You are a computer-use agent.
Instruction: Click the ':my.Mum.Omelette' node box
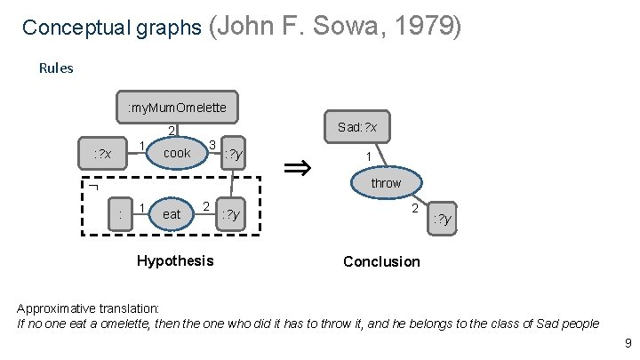coord(177,108)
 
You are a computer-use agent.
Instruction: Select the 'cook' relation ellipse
coord(177,154)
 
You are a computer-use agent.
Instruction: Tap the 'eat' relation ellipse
coord(172,214)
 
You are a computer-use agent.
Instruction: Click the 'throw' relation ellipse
coord(386,183)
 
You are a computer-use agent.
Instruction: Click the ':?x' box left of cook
coord(103,155)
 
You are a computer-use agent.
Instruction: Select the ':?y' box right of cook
coord(234,155)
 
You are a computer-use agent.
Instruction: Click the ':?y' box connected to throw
coord(442,219)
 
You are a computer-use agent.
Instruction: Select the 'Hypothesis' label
coord(175,260)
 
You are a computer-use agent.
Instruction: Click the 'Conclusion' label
coord(381,261)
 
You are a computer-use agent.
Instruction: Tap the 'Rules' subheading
coord(57,68)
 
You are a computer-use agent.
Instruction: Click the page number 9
coord(628,343)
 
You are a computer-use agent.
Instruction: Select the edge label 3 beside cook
coord(212,143)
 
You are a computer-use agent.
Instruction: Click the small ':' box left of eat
coord(119,214)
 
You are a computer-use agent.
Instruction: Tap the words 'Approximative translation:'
coord(89,308)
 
